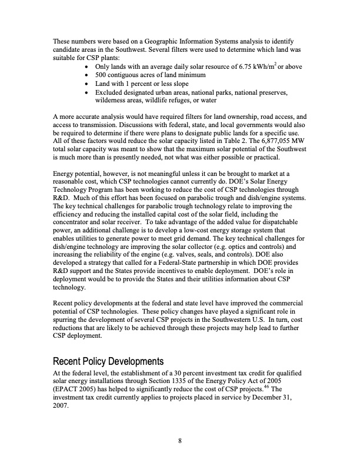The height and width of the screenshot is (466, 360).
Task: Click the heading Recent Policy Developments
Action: point(108,361)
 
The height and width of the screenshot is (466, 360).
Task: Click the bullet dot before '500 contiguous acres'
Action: point(88,75)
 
